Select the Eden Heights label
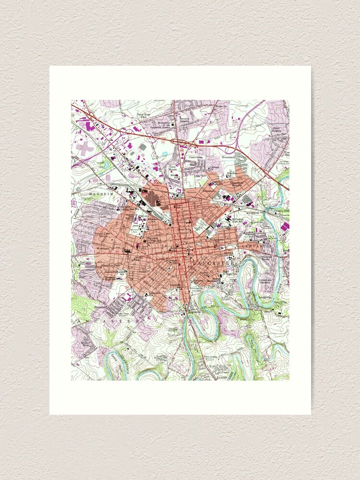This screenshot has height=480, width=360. point(277,130)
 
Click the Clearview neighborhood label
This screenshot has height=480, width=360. point(196,156)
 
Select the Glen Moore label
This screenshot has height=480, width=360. point(173,168)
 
